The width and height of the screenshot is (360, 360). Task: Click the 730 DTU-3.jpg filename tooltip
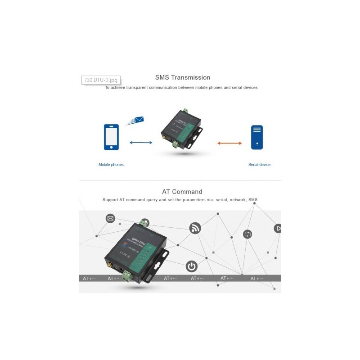point(100,80)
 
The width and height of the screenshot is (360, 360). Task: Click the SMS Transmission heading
point(182,77)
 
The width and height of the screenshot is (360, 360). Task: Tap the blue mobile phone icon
point(111,137)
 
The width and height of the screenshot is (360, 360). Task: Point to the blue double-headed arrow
point(141,143)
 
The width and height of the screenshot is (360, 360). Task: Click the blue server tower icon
point(256,137)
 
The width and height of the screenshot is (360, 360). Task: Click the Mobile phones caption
point(111,165)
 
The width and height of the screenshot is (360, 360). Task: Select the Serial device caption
point(259,165)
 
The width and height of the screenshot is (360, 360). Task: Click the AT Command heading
point(182,192)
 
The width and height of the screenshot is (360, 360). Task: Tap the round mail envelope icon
point(110,219)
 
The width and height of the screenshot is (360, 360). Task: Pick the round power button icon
point(192,266)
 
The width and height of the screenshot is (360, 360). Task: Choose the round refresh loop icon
point(247,234)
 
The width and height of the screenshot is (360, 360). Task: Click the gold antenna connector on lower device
point(110,268)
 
